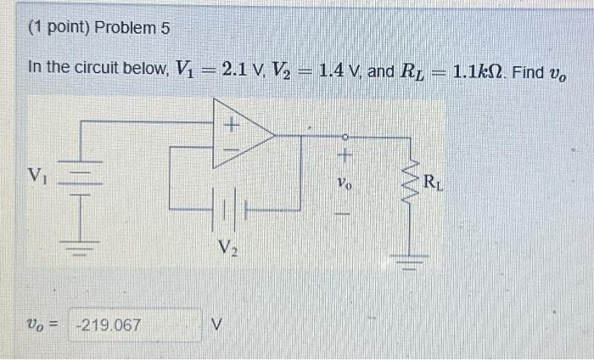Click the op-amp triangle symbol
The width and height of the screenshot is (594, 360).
(x=241, y=133)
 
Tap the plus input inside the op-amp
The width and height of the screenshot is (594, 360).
(x=229, y=125)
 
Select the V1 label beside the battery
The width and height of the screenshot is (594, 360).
(x=36, y=176)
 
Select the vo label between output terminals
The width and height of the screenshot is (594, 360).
(x=344, y=182)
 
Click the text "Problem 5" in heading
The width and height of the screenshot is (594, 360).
(x=132, y=28)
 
